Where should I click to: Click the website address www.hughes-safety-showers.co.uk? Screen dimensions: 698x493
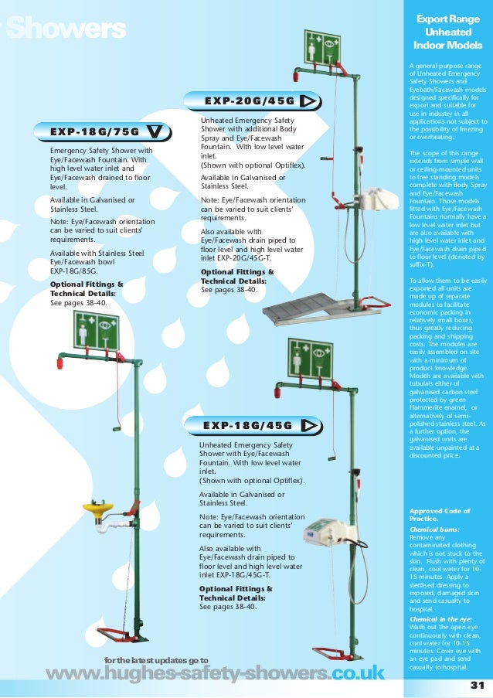tap(215, 674)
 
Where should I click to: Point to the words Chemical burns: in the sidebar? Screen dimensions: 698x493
tap(434, 529)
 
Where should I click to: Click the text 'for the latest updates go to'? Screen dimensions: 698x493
tap(156, 659)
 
